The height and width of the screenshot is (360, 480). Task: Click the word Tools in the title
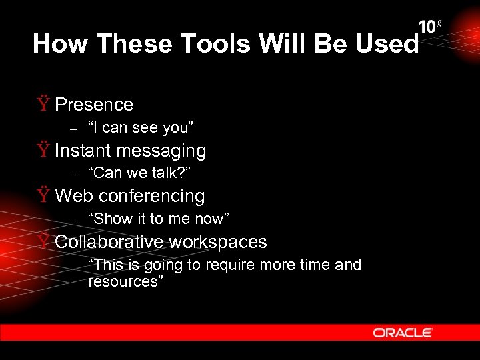point(208,44)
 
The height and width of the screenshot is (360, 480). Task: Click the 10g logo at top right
point(430,27)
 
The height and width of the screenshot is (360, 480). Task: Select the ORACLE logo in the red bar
point(403,333)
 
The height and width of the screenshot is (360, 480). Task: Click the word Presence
point(94,105)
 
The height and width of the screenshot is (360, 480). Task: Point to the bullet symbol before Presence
point(43,104)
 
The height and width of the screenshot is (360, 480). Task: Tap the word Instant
point(83,151)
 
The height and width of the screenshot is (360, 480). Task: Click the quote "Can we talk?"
point(140,173)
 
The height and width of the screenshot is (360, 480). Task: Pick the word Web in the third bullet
point(73,196)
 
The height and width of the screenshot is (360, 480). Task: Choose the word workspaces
point(223,243)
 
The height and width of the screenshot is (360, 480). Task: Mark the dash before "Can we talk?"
point(75,174)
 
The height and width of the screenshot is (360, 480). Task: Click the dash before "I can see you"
point(75,128)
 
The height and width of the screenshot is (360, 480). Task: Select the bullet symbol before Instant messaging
point(43,150)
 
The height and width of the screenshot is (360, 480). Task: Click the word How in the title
point(61,44)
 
